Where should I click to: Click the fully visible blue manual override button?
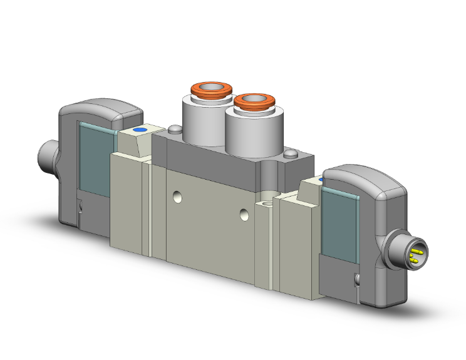tap(138, 130)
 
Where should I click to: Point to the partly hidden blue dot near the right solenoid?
tap(322, 180)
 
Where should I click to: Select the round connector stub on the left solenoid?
tap(47, 153)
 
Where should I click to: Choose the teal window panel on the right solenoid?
tap(340, 225)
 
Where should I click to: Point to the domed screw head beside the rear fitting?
tap(173, 130)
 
